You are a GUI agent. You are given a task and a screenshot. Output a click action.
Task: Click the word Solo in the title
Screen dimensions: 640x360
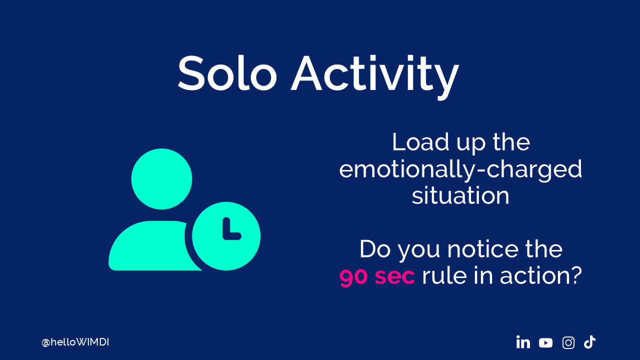227,73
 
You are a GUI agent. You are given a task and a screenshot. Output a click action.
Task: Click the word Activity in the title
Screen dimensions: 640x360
375,77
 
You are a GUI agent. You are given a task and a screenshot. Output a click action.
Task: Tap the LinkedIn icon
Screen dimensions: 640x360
523,342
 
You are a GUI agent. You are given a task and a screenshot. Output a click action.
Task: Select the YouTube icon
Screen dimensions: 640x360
545,343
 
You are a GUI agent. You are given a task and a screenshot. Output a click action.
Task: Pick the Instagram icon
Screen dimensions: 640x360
568,342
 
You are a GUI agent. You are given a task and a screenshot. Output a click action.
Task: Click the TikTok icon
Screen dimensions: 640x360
589,342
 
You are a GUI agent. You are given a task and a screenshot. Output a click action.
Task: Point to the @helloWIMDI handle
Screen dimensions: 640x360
75,342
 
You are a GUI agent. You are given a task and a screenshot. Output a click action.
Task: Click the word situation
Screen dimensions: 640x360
460,196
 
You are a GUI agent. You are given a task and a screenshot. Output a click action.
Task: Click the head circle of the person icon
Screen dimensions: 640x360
161,179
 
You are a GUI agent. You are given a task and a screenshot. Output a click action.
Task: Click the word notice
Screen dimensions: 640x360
483,249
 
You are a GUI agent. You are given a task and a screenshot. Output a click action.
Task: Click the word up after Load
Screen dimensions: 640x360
471,144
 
